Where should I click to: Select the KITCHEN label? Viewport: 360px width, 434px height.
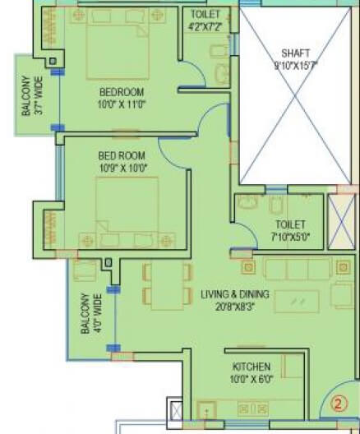point(247,367)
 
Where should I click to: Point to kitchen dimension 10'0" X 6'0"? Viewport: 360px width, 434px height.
point(247,380)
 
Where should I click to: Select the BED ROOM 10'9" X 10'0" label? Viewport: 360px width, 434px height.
point(122,162)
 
